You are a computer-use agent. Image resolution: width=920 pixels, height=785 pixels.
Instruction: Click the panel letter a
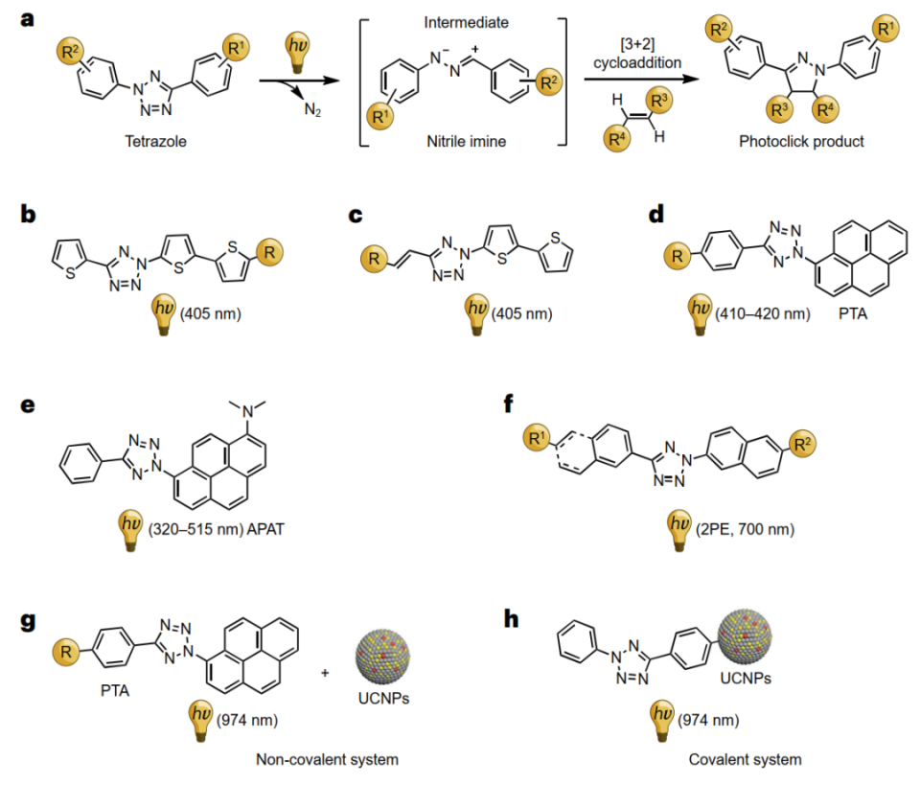27,19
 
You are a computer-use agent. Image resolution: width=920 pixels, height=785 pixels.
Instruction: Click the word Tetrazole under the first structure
155,142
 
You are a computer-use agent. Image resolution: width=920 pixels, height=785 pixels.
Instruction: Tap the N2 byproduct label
312,109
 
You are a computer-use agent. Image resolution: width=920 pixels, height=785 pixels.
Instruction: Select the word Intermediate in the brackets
467,23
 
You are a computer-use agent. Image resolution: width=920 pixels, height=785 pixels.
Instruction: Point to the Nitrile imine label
467,142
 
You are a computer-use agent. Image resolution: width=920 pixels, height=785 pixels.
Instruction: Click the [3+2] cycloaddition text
637,54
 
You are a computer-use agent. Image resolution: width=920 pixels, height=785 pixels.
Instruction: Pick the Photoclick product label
801,142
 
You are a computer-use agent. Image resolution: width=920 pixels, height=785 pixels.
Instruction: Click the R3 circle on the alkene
659,101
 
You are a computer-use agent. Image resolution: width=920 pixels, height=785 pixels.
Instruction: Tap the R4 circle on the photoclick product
825,109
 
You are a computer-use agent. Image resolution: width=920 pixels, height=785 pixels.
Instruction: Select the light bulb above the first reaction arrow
297,52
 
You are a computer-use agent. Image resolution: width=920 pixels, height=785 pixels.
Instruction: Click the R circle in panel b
269,253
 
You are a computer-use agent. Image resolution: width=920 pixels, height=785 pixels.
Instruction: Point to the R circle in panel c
375,259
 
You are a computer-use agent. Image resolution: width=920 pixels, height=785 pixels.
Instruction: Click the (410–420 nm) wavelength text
763,313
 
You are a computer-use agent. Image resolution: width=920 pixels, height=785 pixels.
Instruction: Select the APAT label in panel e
265,529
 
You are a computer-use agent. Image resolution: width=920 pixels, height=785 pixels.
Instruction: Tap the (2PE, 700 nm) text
746,529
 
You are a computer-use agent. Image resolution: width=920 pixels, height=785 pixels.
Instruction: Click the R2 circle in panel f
802,444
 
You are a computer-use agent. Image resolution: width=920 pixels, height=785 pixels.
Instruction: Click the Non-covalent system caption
327,760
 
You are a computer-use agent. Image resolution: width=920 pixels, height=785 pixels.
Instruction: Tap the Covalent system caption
746,760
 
